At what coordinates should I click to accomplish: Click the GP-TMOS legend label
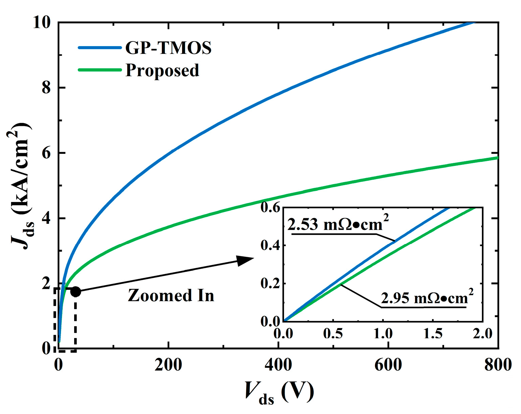(168, 48)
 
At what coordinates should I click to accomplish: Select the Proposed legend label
(162, 70)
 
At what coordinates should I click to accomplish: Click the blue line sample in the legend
(99, 48)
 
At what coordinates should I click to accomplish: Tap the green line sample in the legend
(99, 70)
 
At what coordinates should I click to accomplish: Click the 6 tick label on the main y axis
(46, 153)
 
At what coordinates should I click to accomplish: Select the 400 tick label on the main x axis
(278, 365)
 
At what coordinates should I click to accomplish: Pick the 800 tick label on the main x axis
(498, 365)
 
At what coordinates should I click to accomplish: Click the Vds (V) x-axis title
(280, 392)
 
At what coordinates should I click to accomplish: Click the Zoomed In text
(171, 296)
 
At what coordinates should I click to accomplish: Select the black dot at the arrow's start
(76, 292)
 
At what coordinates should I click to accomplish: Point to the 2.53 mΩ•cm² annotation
(338, 223)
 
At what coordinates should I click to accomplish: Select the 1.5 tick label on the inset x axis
(433, 334)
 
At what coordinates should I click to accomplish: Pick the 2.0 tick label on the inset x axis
(483, 334)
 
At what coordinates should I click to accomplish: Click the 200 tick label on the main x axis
(168, 365)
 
